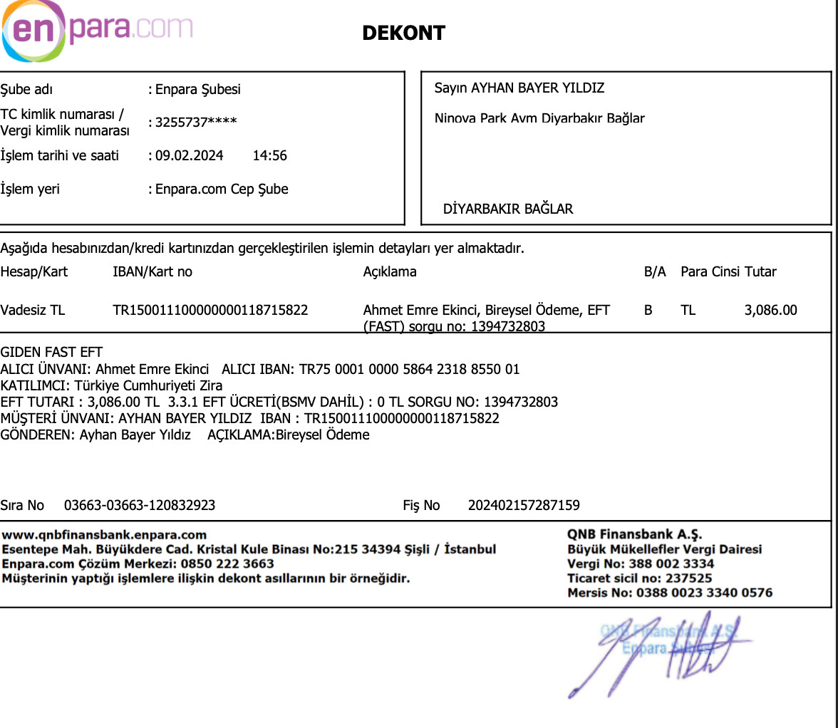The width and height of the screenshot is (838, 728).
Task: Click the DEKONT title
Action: (403, 33)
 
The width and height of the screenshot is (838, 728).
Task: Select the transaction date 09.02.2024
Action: (190, 155)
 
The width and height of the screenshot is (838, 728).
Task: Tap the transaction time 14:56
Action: (270, 155)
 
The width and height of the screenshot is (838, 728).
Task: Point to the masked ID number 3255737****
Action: (196, 122)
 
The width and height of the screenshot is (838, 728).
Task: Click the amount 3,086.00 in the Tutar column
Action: (770, 310)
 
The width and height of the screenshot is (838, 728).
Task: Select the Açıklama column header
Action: (390, 271)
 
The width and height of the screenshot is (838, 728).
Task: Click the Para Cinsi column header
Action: (710, 271)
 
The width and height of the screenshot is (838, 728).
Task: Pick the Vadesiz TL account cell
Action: (33, 310)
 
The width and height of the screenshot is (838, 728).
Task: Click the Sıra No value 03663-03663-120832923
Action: (140, 505)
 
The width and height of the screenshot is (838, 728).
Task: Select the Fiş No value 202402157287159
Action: (524, 505)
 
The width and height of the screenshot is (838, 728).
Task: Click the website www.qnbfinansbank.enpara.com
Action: (105, 535)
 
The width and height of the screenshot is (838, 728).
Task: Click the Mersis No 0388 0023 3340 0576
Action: (704, 593)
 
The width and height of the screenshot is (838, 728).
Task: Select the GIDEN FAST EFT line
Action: (51, 352)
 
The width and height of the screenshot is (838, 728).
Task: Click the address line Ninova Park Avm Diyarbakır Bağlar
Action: (539, 118)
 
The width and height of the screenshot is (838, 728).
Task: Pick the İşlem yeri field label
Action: (30, 189)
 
